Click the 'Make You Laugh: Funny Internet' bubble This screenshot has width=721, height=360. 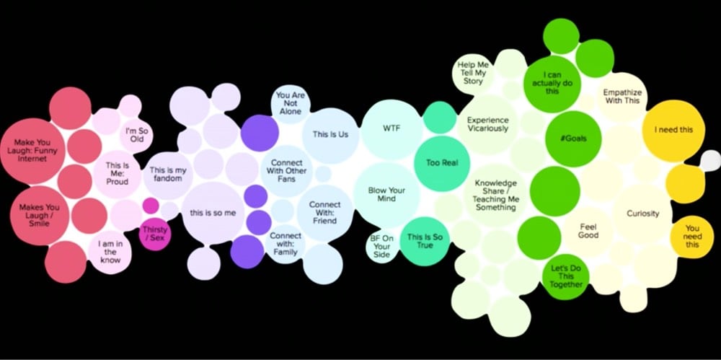click(33, 151)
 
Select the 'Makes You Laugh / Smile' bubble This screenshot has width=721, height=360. click(40, 216)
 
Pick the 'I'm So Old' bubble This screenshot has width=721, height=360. click(137, 135)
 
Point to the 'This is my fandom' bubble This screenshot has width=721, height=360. click(168, 175)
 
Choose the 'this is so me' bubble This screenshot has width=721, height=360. click(213, 213)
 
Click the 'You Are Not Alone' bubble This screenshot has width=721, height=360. click(291, 104)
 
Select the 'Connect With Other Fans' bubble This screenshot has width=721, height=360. click(286, 171)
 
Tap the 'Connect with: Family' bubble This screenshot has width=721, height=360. click(285, 244)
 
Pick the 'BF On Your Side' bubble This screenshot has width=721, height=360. click(381, 247)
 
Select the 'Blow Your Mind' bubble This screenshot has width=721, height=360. click(386, 195)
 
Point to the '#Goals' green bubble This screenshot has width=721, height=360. click(573, 139)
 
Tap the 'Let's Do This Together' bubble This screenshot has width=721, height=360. click(565, 277)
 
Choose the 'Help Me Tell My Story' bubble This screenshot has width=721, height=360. click(473, 74)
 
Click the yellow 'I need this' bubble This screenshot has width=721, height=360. click(673, 131)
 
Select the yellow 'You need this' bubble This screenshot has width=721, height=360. click(691, 237)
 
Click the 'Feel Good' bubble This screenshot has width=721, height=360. click(588, 232)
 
